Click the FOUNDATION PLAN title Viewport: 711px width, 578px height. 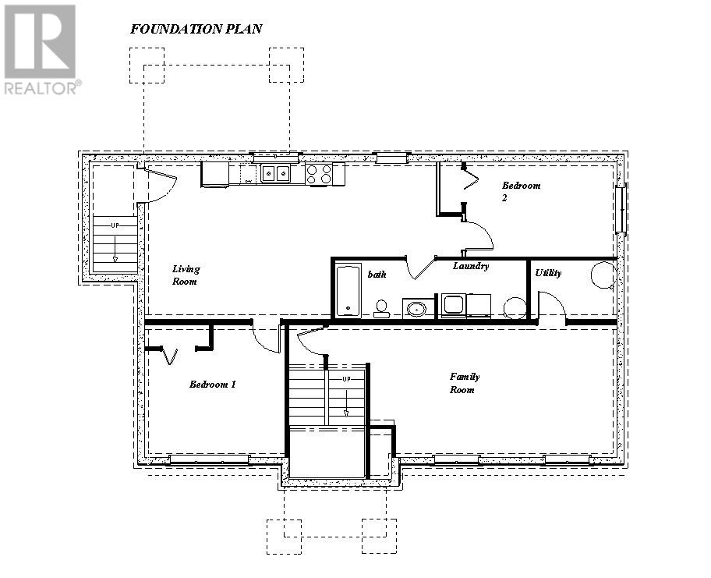click(x=196, y=30)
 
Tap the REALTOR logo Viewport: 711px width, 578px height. click(x=41, y=49)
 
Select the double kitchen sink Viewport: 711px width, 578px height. click(x=274, y=173)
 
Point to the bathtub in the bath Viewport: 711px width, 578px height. click(x=348, y=291)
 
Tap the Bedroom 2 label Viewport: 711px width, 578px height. click(x=521, y=191)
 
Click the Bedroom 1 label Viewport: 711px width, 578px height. click(x=212, y=385)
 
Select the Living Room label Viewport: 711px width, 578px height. click(x=186, y=275)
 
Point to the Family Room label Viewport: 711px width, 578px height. click(x=464, y=383)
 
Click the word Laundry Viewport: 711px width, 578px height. click(x=471, y=267)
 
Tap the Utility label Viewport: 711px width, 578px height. click(x=548, y=274)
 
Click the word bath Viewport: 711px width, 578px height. click(x=377, y=275)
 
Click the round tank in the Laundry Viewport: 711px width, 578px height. click(x=515, y=307)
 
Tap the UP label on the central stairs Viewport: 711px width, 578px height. click(x=347, y=379)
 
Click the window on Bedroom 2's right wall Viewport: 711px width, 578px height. click(x=621, y=207)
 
